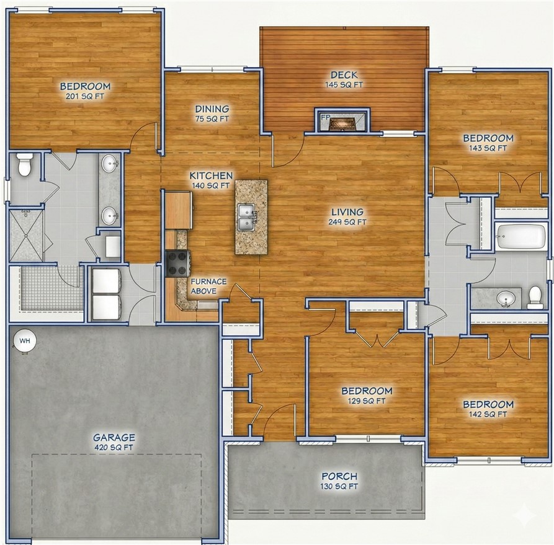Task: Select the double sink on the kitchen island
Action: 248,215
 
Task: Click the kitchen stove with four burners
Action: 178,262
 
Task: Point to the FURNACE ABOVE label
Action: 208,286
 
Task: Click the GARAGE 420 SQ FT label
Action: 114,441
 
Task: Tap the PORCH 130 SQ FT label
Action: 339,481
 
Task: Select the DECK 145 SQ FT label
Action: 344,79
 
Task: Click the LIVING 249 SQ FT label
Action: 348,216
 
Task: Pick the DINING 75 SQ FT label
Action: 212,113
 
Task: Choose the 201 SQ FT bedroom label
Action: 85,91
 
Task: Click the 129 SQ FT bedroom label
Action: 367,396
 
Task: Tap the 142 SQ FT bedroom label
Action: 488,409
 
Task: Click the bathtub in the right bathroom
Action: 520,236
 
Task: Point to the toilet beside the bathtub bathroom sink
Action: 535,298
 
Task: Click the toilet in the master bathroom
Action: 25,165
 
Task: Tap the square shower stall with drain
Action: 26,235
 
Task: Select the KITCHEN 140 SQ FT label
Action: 211,180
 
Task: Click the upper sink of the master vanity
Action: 110,164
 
